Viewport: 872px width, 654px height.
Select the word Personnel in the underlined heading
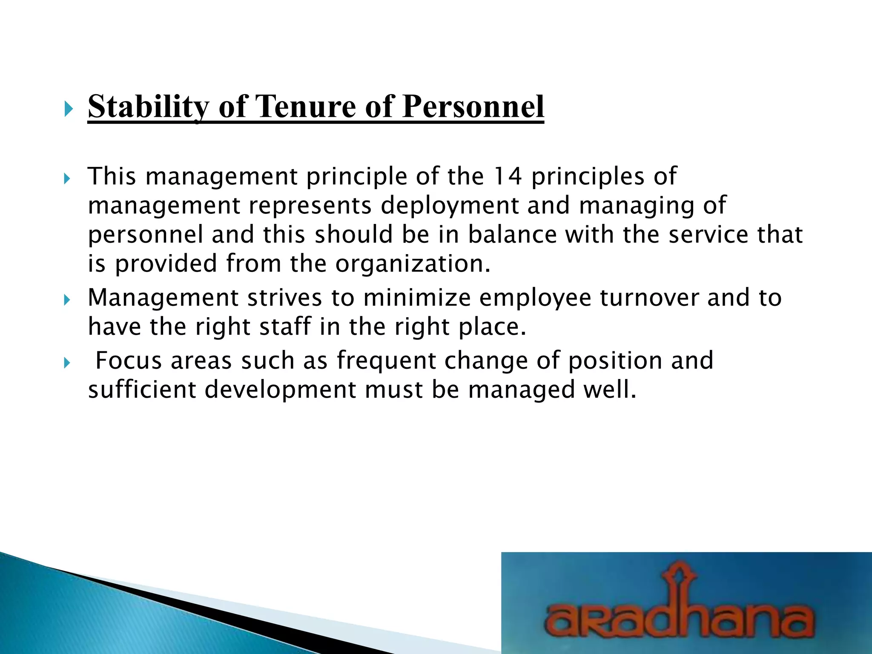[x=473, y=106]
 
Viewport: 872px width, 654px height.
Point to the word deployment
[x=450, y=206]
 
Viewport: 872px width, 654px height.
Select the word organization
[x=413, y=264]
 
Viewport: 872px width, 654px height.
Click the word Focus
[x=129, y=361]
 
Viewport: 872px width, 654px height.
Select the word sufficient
[x=142, y=390]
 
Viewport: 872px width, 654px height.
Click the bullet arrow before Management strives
[x=66, y=301]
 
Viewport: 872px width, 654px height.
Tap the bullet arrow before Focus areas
[x=66, y=363]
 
